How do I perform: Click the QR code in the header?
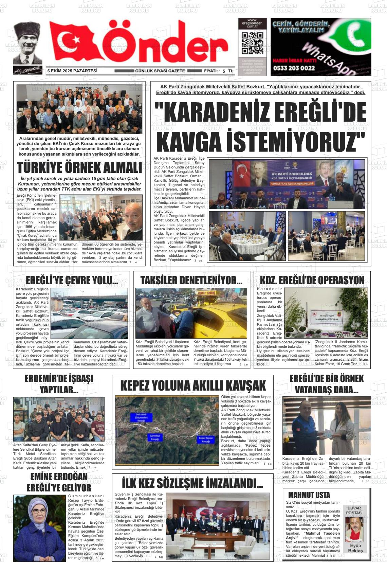(x=252, y=44)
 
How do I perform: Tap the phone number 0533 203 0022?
(x=294, y=68)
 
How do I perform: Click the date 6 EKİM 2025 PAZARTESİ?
(x=72, y=71)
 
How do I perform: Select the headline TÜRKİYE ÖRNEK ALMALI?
(x=79, y=168)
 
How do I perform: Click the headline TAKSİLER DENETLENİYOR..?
(x=191, y=281)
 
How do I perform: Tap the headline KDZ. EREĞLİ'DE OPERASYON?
(x=312, y=281)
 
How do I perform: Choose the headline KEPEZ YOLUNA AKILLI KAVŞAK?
(x=193, y=386)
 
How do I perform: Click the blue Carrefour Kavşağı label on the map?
(x=153, y=437)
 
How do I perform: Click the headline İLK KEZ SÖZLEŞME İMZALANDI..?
(x=192, y=483)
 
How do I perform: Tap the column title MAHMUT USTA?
(x=309, y=495)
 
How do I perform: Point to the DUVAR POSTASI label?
(x=354, y=510)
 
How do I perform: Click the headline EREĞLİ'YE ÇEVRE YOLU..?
(x=72, y=281)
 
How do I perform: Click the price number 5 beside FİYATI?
(x=224, y=71)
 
